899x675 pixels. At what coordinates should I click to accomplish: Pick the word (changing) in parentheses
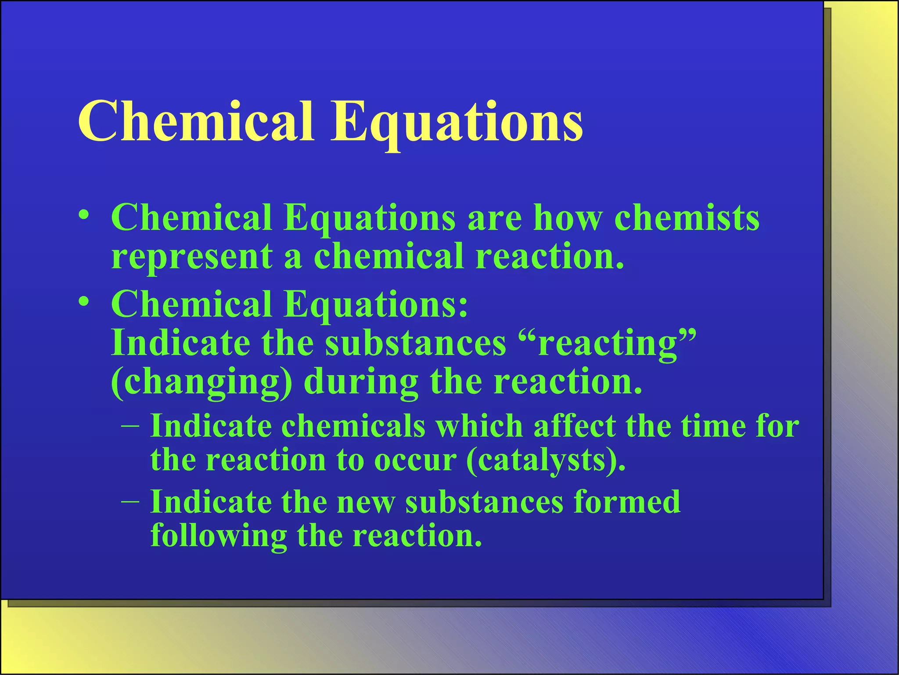(201, 382)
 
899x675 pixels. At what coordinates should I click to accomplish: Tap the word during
(361, 382)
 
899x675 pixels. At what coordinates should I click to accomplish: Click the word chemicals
(353, 426)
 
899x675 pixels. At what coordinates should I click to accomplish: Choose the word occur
(415, 460)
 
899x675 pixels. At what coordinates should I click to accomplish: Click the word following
(219, 536)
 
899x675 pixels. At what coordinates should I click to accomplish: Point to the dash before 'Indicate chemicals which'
(130, 426)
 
